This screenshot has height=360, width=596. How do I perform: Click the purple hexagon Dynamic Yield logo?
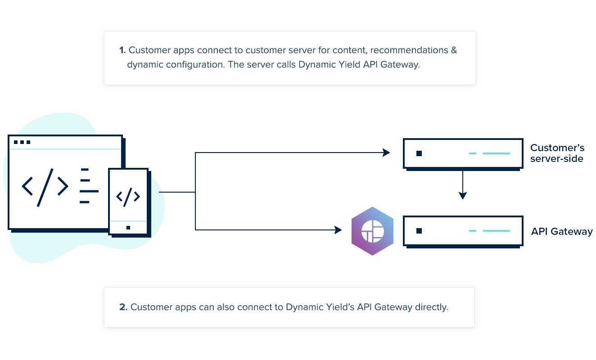pos(372,231)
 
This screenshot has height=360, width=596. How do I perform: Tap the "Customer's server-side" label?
pos(557,153)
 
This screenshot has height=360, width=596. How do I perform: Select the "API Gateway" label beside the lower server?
pos(562,232)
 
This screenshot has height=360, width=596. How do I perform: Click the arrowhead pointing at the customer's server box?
pos(386,153)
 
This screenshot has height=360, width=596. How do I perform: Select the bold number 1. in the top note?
pos(122,50)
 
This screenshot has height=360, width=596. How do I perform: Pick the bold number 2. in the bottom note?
pos(123,307)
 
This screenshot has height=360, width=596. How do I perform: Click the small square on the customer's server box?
pos(419,153)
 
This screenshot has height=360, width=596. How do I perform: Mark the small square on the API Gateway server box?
pos(419,231)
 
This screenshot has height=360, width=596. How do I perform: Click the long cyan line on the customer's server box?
pos(497,153)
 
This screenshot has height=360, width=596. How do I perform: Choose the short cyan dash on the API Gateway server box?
pos(472,231)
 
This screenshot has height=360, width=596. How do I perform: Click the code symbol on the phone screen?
pos(128,196)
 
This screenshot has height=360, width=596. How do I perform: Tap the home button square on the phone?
pos(128,228)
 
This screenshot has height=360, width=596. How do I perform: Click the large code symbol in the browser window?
pos(45,187)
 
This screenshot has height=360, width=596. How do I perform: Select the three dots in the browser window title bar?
pos(22,142)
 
